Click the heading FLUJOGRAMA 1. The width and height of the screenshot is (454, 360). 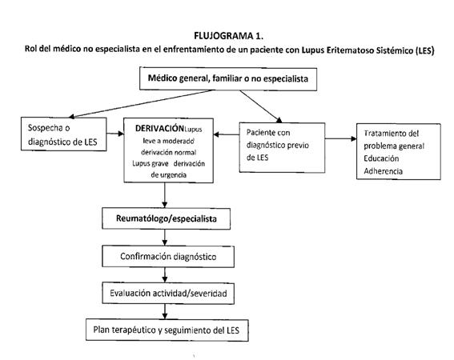coord(228,36)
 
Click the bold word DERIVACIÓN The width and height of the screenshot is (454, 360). coord(159,128)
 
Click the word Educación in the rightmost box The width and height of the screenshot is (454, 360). coord(381,158)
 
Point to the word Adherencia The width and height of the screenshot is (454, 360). coord(383,171)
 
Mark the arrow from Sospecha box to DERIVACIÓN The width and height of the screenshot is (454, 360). coord(115,134)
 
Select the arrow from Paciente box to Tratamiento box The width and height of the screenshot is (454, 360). coord(341,138)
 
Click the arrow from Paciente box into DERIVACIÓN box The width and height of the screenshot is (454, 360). coord(227,134)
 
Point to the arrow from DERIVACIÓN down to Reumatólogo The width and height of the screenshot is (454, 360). coord(165,195)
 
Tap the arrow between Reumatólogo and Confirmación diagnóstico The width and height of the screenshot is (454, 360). coord(165,238)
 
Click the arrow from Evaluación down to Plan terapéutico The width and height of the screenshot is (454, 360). coord(165,312)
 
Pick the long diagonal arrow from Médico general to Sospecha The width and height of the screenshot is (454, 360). coord(141,104)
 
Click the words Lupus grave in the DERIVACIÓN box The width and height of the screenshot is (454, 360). coord(151,164)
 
